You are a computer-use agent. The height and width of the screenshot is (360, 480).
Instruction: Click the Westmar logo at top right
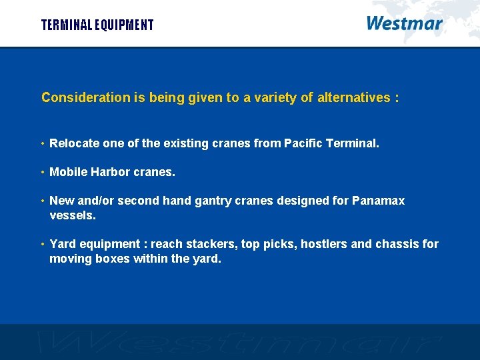pos(404,24)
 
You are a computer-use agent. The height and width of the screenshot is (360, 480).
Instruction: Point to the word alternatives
pos(353,97)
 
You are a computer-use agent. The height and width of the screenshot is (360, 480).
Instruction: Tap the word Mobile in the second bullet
pos(68,172)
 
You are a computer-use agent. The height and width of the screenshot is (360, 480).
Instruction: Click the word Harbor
pos(111,172)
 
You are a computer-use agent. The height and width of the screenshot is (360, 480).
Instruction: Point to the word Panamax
pos(378,201)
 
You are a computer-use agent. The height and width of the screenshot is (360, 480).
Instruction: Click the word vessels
pos(72,216)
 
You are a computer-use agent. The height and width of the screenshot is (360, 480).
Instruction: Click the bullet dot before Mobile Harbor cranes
pos(42,172)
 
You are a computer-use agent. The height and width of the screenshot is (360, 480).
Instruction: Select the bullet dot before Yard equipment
pos(42,244)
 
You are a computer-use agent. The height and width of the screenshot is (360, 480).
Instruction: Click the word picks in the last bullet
pos(278,244)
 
